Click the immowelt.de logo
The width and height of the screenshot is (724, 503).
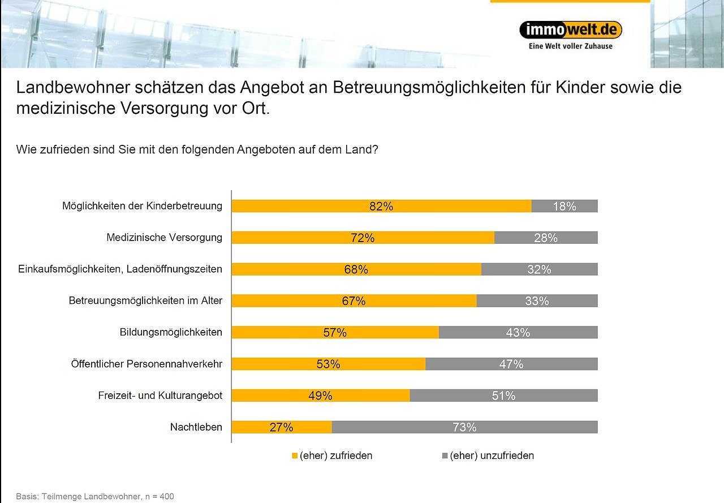click(570, 29)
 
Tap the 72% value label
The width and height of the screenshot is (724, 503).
click(363, 238)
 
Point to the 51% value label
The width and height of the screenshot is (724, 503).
click(503, 396)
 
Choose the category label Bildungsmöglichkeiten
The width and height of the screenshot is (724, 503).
click(171, 332)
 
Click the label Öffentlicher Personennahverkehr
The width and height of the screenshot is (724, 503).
click(146, 364)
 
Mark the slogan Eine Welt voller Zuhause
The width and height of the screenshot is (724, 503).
click(570, 46)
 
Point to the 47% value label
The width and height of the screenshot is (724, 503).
click(511, 364)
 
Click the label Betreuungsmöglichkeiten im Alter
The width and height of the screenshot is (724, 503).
click(145, 300)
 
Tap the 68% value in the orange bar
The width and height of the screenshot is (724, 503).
click(356, 270)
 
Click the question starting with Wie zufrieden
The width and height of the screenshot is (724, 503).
click(197, 150)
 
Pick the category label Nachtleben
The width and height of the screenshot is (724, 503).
click(196, 427)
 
